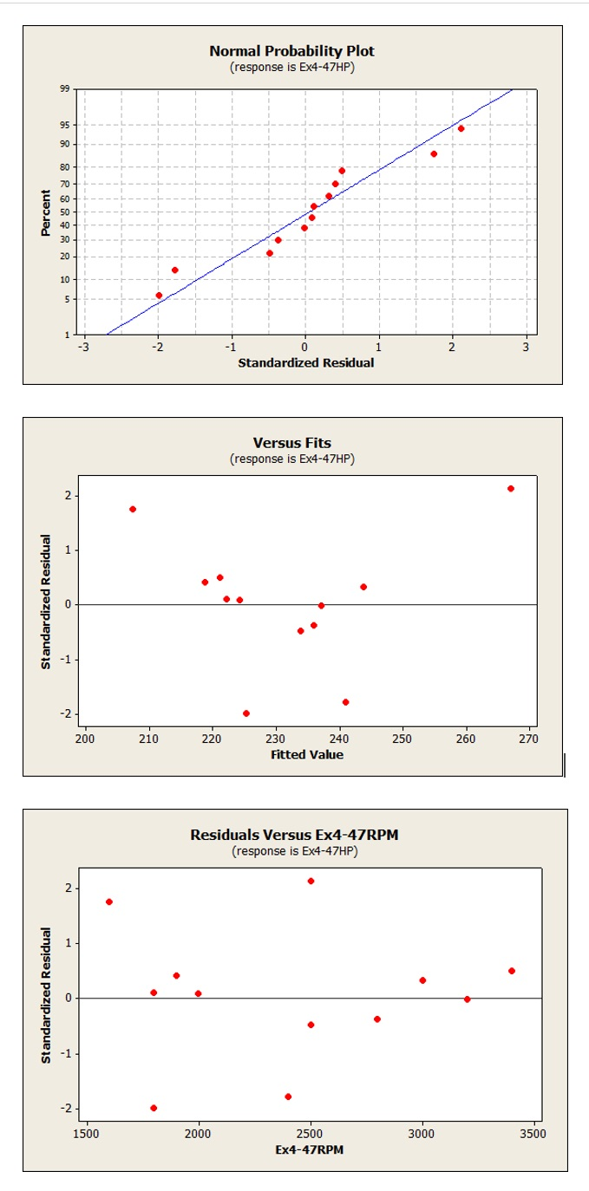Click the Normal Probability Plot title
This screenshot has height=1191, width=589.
(291, 51)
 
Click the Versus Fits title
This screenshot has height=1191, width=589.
(291, 443)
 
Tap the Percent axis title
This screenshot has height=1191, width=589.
(45, 212)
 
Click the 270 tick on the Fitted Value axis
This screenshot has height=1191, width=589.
(529, 739)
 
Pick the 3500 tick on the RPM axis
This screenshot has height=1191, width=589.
(533, 1133)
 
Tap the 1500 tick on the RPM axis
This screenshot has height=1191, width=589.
(87, 1133)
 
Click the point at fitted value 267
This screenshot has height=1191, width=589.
(511, 489)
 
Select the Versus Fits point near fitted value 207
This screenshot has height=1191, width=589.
(133, 509)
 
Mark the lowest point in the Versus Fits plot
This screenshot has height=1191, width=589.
(246, 713)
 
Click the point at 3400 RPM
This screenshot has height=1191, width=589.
(512, 971)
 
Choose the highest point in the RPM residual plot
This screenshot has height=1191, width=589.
(311, 882)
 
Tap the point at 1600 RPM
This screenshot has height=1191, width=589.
(109, 901)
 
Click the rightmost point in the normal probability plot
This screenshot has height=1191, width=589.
(461, 128)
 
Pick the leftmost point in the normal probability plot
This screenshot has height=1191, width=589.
(159, 296)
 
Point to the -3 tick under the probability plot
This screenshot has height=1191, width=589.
(83, 347)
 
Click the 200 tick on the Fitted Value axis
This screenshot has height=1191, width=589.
(85, 739)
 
